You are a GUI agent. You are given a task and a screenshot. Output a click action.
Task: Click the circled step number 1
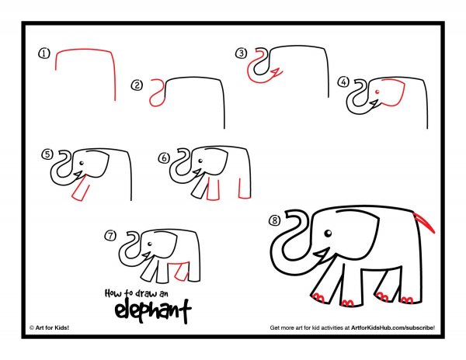[44, 54]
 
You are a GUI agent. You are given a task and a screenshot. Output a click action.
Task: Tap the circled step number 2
[137, 85]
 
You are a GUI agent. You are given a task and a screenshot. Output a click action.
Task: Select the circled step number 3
[241, 54]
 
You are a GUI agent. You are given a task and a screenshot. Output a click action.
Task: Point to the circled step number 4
[343, 82]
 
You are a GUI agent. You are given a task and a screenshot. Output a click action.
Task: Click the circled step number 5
[47, 154]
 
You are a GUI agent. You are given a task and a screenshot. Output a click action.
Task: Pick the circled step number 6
[164, 158]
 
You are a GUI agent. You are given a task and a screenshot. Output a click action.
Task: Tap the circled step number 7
[110, 236]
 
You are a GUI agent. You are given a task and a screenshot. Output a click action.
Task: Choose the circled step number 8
[275, 220]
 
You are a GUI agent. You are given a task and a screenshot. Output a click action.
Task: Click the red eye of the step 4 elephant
[377, 92]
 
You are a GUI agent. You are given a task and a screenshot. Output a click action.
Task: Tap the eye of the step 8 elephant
[328, 234]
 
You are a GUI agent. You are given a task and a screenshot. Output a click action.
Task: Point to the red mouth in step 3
[276, 73]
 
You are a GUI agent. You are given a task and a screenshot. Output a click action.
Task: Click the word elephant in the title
[153, 311]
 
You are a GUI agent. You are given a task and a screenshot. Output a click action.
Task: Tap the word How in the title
[113, 293]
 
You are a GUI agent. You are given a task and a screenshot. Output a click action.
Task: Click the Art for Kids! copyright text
[50, 327]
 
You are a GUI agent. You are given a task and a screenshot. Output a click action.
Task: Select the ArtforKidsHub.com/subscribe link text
[393, 327]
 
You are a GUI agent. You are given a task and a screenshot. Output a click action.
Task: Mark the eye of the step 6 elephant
[200, 161]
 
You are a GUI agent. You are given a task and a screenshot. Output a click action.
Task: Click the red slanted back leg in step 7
[181, 272]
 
